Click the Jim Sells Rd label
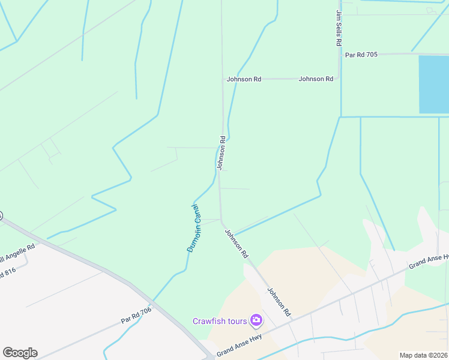pyautogui.click(x=339, y=28)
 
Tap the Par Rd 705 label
pyautogui.click(x=361, y=55)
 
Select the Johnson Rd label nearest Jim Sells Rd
pyautogui.click(x=316, y=79)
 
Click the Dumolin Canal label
pyautogui.click(x=193, y=227)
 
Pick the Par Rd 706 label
pyautogui.click(x=136, y=316)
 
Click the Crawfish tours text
pyautogui.click(x=220, y=321)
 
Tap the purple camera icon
pyautogui.click(x=256, y=320)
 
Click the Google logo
pyautogui.click(x=20, y=353)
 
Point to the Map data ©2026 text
pyautogui.click(x=424, y=355)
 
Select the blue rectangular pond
pyautogui.click(x=433, y=84)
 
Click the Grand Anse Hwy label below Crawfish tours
pyautogui.click(x=239, y=346)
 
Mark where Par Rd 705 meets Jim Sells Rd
pyautogui.click(x=340, y=55)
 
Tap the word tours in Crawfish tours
pyautogui.click(x=237, y=321)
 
